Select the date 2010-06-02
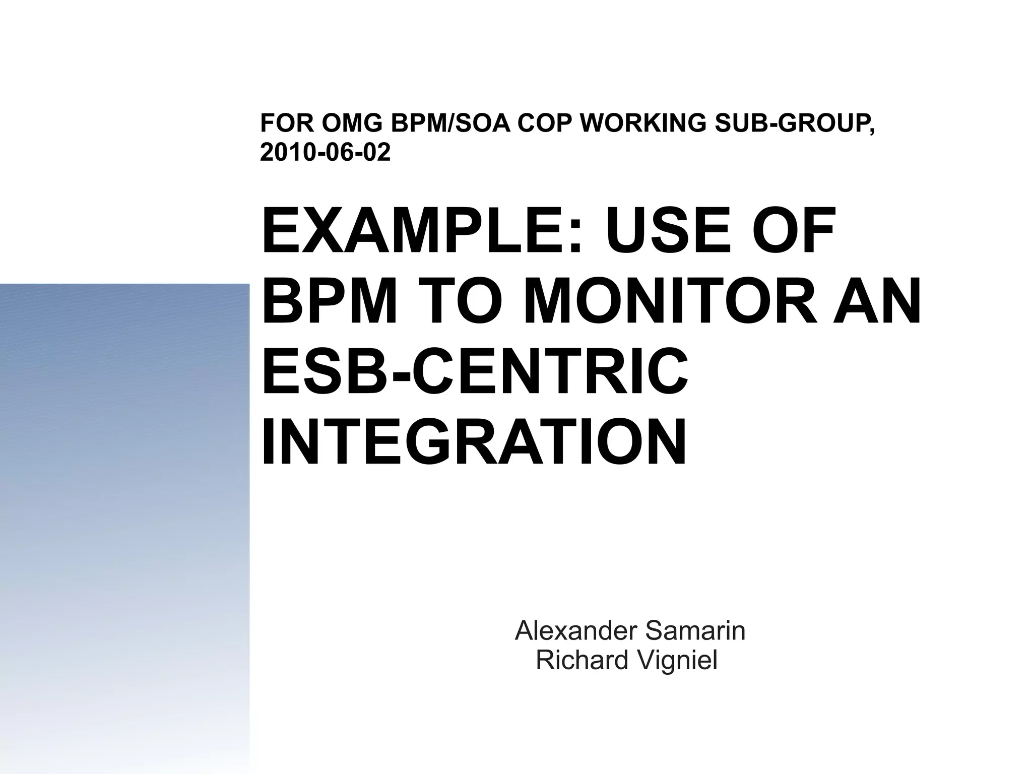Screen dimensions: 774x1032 click(x=326, y=152)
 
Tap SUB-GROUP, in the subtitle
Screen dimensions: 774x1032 click(x=796, y=123)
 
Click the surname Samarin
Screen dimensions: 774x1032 click(x=695, y=631)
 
